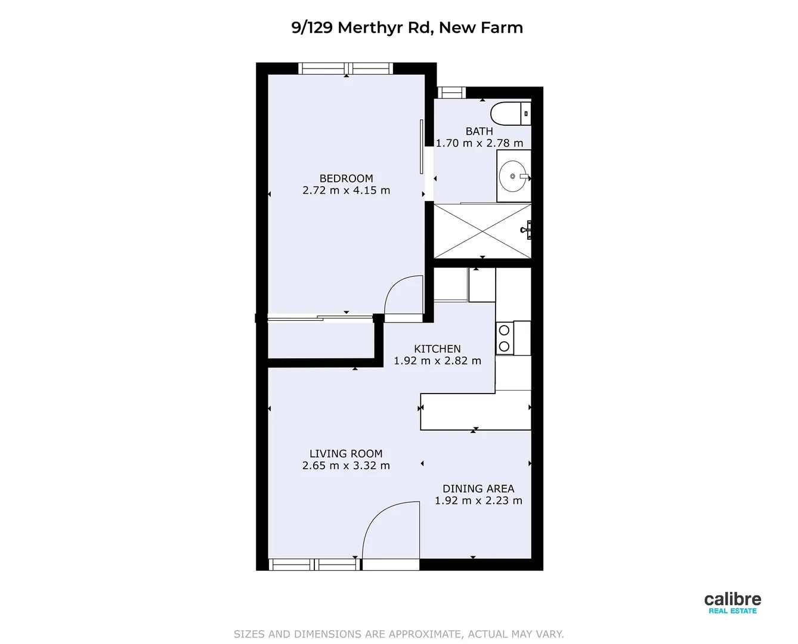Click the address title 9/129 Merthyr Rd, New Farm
[407, 27]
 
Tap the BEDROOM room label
[346, 178]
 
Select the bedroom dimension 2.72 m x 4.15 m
[346, 191]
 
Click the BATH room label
[479, 131]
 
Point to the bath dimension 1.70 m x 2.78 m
[479, 143]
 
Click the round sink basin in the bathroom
[512, 177]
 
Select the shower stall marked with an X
[482, 231]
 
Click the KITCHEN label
[437, 349]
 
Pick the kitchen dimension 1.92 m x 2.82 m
[437, 361]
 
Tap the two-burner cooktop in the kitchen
[504, 338]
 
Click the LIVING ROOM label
[346, 454]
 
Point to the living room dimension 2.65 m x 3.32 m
[346, 466]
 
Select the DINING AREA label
[478, 488]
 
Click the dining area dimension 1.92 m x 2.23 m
[478, 501]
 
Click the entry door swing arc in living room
[388, 528]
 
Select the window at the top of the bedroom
[345, 69]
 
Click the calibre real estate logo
[732, 602]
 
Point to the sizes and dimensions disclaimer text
[398, 634]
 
